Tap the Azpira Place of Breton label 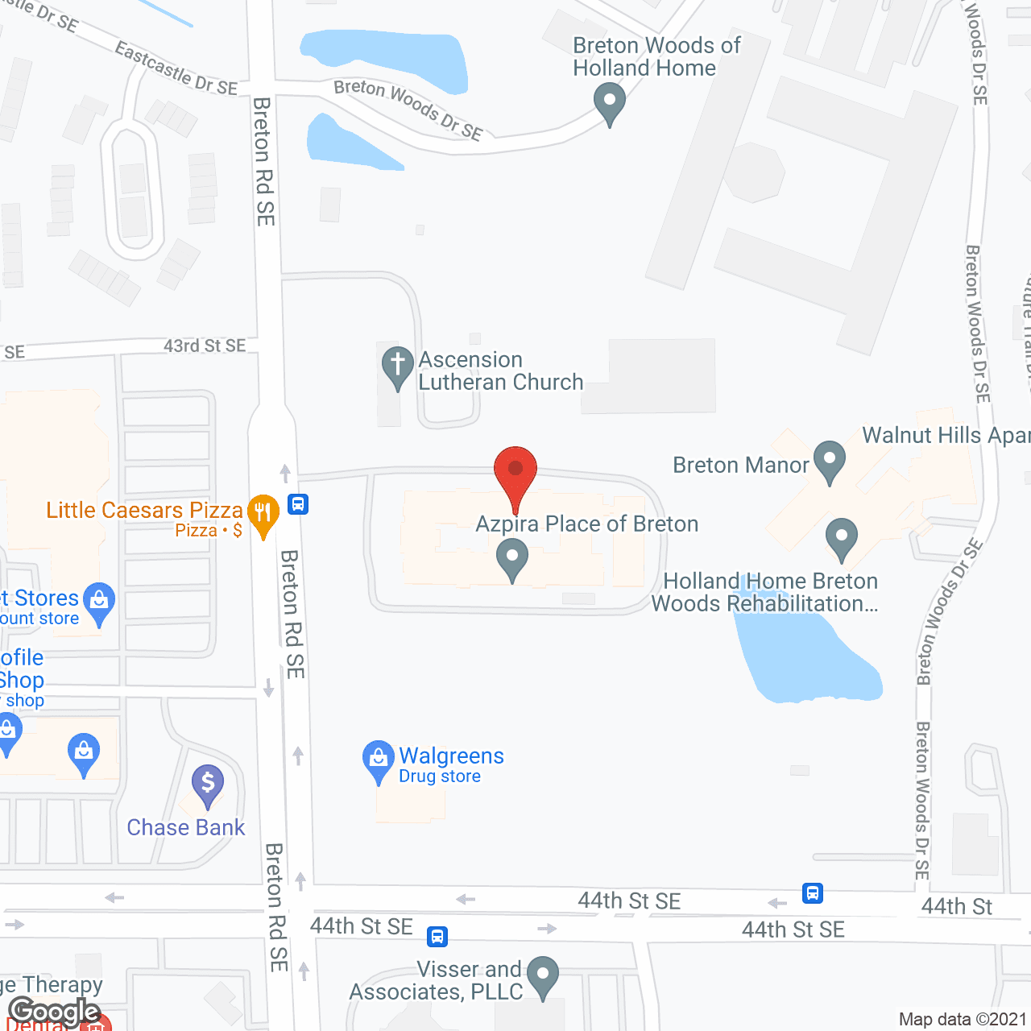pos(586,524)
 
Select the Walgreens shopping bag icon pos(378,760)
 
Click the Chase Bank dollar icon pos(208,784)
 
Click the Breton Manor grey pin pos(829,461)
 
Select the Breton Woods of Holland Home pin pos(610,104)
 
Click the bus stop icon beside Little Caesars pos(298,505)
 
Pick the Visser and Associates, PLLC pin pos(543,975)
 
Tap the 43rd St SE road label pos(205,346)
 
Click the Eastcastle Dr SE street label pos(176,69)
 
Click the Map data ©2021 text pos(963,1020)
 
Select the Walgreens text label pos(451,756)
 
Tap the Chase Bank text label pos(186,828)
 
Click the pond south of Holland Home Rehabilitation pos(805,656)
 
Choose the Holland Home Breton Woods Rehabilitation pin pos(842,537)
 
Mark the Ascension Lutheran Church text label pos(500,371)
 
